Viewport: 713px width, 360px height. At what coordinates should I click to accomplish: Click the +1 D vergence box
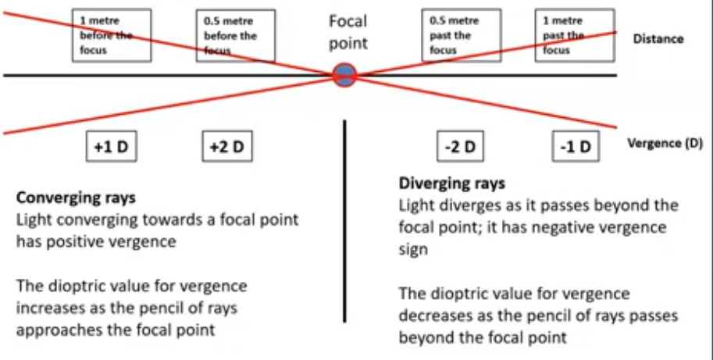pos(111,147)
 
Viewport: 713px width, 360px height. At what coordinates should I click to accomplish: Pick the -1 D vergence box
pos(576,147)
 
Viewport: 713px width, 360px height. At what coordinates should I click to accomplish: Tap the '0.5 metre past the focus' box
pos(459,35)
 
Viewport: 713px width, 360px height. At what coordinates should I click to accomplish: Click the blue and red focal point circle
pos(344,76)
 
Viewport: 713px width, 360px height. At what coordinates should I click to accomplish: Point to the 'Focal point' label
pos(348,32)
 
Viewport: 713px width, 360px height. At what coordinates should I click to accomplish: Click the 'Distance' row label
pos(658,39)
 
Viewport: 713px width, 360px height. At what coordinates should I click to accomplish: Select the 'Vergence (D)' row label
pos(665,144)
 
